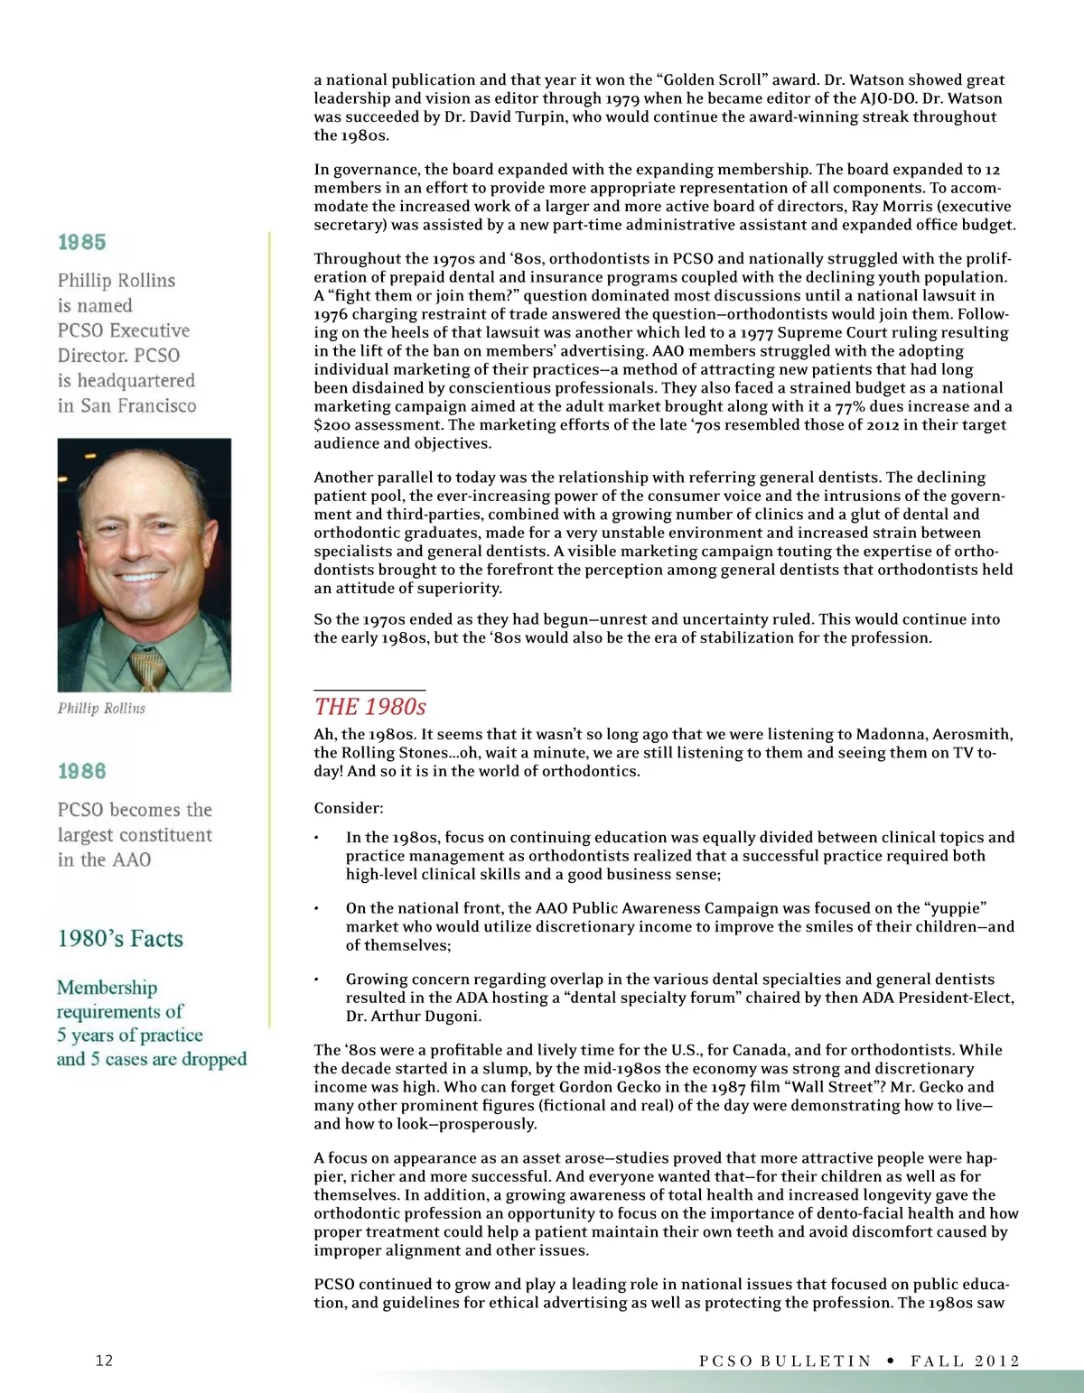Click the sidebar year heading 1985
click(x=81, y=242)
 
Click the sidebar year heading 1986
click(x=81, y=771)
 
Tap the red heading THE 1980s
click(x=370, y=707)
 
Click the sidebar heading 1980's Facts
click(x=120, y=939)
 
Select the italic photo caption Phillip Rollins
click(x=101, y=709)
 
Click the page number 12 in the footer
click(x=104, y=1360)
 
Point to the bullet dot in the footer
click(x=891, y=1360)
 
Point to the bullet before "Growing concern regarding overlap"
click(x=316, y=980)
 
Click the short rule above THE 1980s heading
click(x=369, y=690)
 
